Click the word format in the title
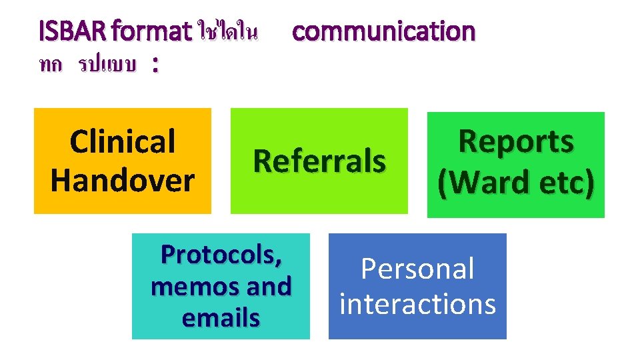click(x=153, y=31)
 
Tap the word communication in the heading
click(x=383, y=31)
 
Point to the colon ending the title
click(x=155, y=65)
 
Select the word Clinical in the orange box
click(x=122, y=142)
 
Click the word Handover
click(x=122, y=180)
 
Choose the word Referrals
click(x=319, y=161)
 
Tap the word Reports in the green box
click(x=516, y=141)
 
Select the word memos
click(x=187, y=287)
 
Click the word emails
click(x=221, y=318)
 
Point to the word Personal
click(x=417, y=269)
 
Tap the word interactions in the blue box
click(x=417, y=303)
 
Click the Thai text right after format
click(x=227, y=31)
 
